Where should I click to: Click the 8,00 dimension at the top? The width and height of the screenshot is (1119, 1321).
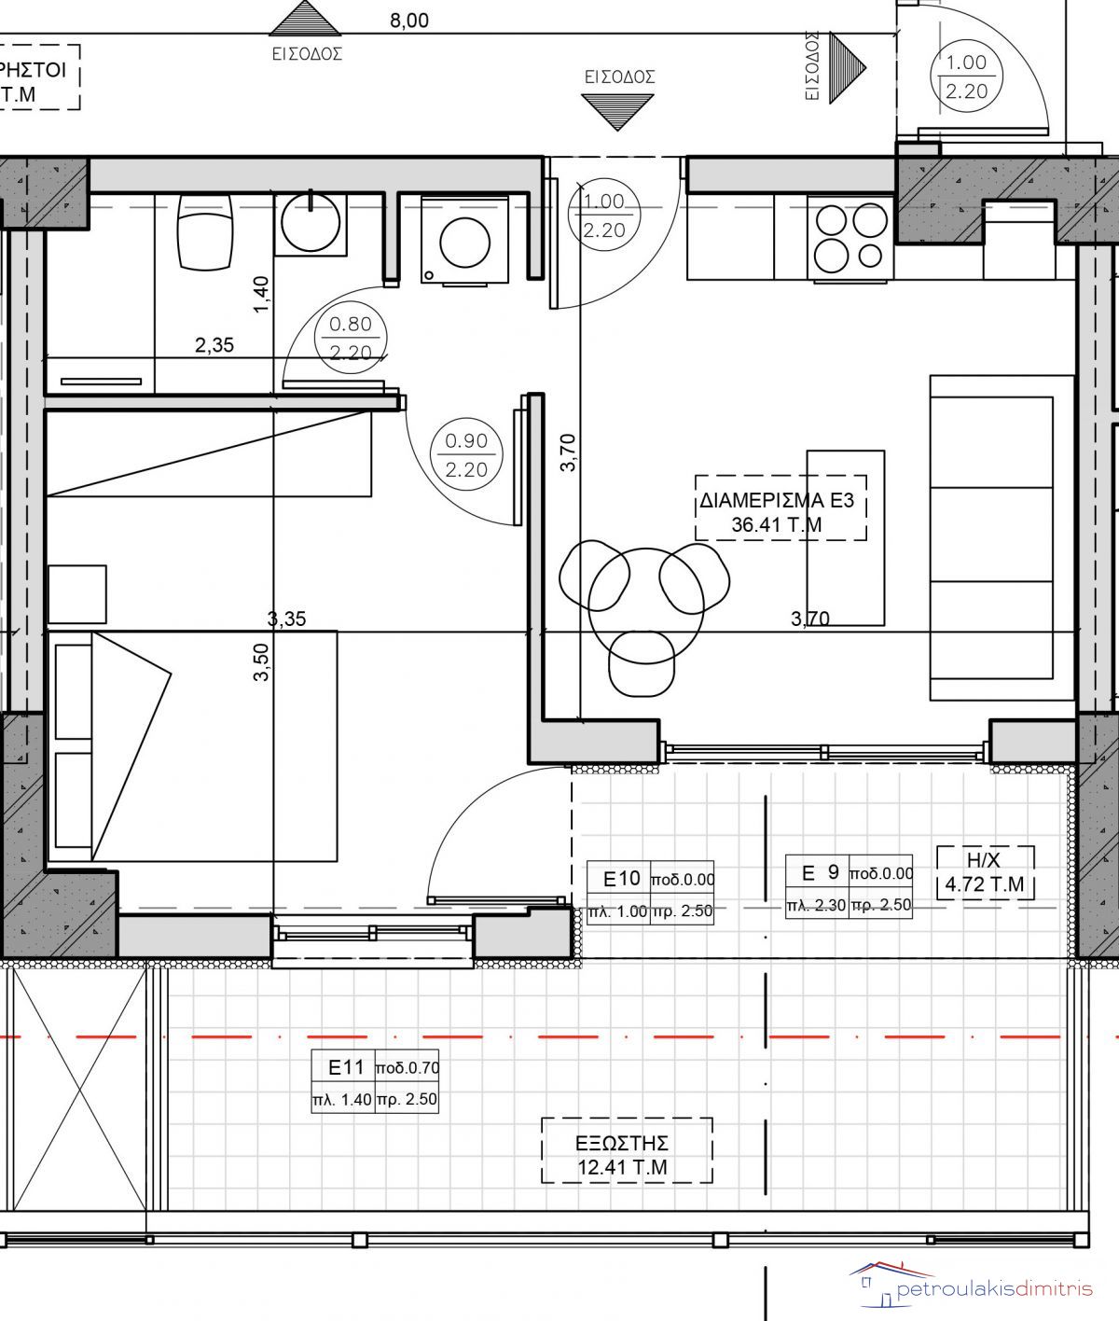click(x=409, y=21)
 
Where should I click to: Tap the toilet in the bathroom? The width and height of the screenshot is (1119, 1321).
click(x=205, y=231)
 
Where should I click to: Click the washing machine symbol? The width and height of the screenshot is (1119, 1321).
click(x=465, y=240)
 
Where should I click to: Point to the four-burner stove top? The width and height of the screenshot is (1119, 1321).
click(x=850, y=238)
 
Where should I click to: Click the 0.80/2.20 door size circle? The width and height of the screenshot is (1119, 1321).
click(x=351, y=338)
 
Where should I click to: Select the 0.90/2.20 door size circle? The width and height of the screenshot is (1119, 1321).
click(x=466, y=454)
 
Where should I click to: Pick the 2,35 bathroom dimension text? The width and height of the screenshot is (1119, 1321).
click(x=214, y=345)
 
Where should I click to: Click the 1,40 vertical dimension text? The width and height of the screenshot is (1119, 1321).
click(x=261, y=294)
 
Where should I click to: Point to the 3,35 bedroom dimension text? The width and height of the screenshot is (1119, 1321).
click(x=286, y=619)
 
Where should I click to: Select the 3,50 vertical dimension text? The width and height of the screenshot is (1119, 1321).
click(x=261, y=662)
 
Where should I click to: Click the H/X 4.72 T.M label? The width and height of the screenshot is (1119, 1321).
click(x=985, y=872)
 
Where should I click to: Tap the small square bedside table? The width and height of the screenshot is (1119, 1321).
click(x=77, y=593)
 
